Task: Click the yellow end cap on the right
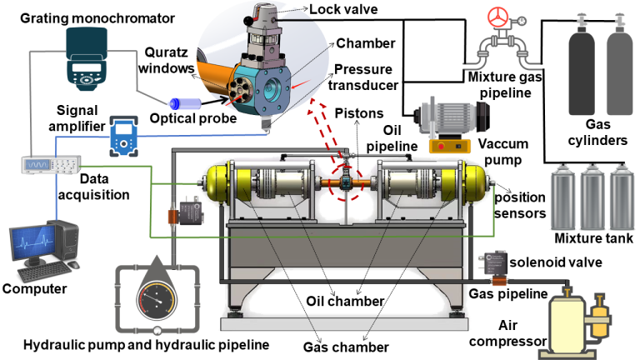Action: [477, 185]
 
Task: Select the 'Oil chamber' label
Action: [356, 302]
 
